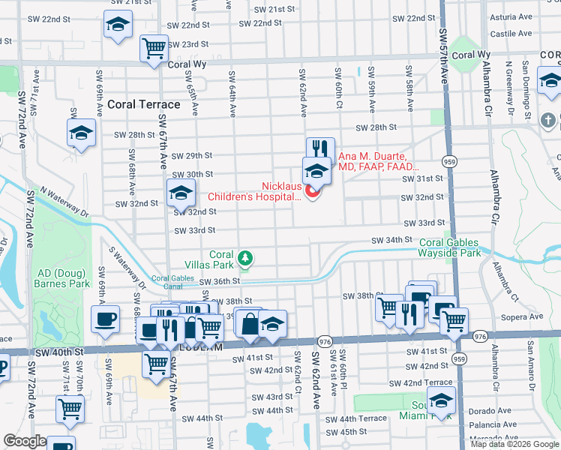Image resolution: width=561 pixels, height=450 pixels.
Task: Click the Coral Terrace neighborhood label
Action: point(143,104)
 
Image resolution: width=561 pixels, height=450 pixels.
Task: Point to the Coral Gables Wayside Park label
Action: point(449,247)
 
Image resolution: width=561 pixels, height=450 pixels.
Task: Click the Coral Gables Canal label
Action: point(172,283)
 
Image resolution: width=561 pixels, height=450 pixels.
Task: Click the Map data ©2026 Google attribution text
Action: point(514,444)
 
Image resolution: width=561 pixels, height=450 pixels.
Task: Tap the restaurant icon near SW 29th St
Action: point(320,149)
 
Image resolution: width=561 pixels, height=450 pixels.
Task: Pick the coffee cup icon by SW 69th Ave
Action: point(104,319)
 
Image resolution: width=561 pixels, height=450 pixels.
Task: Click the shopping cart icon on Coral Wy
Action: point(154,49)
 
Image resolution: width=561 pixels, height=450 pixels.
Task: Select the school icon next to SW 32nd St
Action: point(180,194)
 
